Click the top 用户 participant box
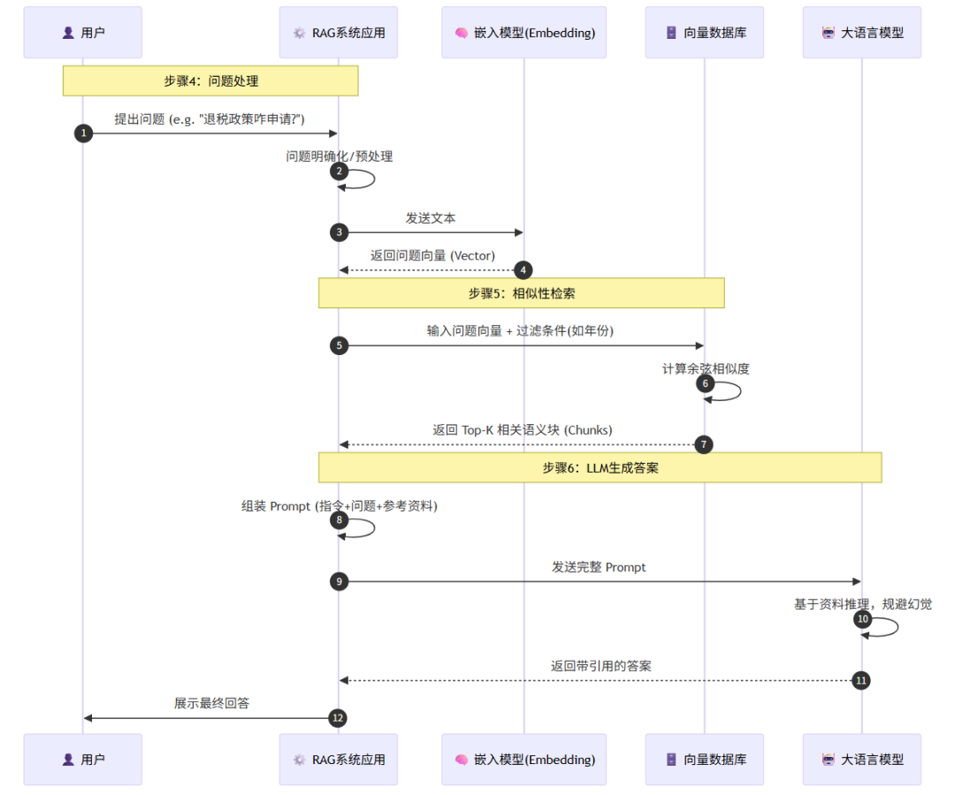[82, 33]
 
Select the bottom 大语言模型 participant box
[861, 759]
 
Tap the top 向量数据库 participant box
[704, 33]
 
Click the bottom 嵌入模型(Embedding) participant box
[523, 759]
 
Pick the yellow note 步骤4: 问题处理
[210, 80]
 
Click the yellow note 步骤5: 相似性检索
[521, 293]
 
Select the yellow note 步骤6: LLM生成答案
[600, 467]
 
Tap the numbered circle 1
[83, 133]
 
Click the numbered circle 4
[523, 269]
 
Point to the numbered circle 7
[704, 444]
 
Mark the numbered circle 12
[337, 718]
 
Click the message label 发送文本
[431, 217]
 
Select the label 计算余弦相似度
[706, 368]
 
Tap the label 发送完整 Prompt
[599, 567]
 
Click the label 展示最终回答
[211, 703]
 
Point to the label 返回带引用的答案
[600, 665]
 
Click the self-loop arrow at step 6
[730, 391]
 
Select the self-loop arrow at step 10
[888, 627]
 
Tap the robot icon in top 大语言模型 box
[829, 33]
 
